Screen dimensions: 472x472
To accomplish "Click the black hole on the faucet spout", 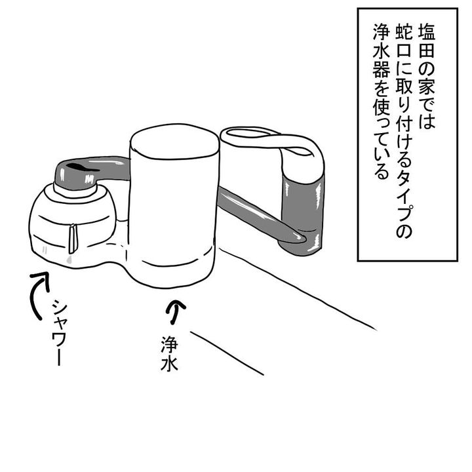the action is [x=82, y=167].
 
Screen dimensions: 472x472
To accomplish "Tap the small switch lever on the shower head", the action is [x=73, y=239].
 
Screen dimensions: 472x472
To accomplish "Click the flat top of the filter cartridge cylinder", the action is [x=174, y=142].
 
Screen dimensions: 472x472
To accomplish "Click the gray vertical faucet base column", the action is [x=303, y=215].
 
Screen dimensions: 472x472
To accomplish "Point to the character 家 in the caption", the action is [x=426, y=88].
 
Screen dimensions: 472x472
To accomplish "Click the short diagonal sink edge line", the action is [x=227, y=353].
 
